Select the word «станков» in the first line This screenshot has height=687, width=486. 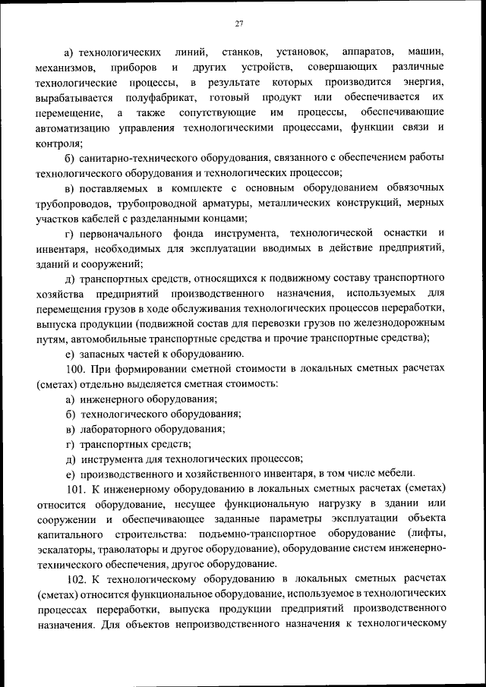coord(242,52)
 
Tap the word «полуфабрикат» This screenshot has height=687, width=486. coord(156,98)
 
